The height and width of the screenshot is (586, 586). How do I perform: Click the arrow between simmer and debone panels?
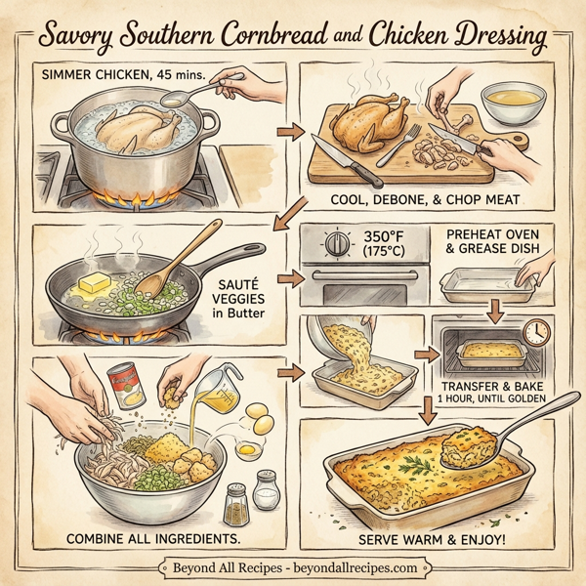click(286, 130)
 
